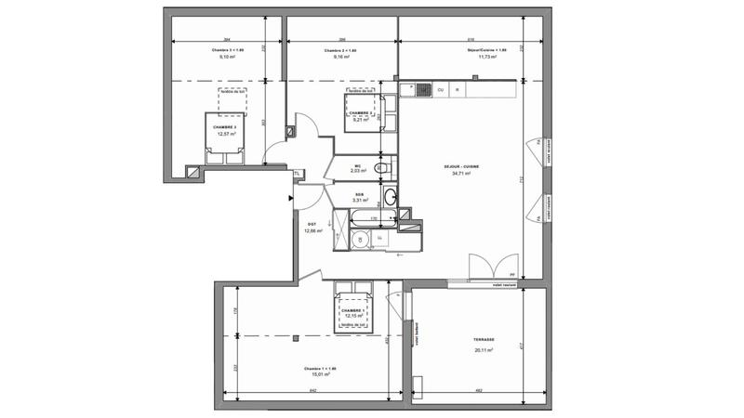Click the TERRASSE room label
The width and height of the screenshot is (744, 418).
[x=483, y=340]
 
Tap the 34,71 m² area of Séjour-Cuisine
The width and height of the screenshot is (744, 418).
[x=461, y=174]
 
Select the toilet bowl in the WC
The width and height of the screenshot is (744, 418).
[x=380, y=168]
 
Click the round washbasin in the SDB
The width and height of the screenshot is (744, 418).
[x=391, y=196]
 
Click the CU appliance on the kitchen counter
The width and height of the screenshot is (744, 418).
[x=441, y=89]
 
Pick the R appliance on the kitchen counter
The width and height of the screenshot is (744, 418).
[x=457, y=89]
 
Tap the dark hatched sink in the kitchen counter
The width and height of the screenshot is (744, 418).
[x=421, y=89]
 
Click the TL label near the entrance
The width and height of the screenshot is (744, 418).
[x=297, y=174]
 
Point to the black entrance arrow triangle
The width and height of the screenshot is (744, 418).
[x=292, y=197]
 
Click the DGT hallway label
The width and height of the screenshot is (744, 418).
[x=312, y=224]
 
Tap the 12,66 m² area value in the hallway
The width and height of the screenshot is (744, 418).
[x=312, y=231]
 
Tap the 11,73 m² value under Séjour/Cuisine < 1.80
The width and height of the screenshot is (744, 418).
[x=486, y=57]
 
